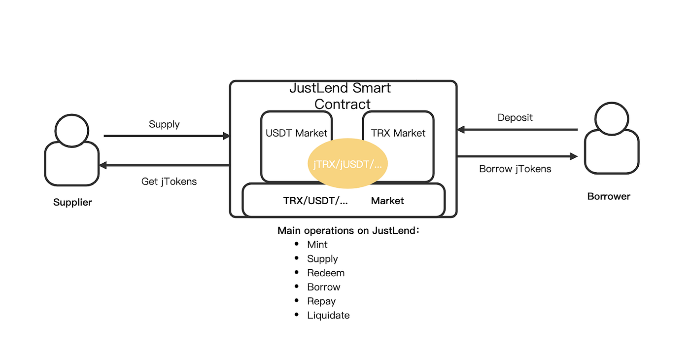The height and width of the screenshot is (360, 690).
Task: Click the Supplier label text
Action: tap(72, 202)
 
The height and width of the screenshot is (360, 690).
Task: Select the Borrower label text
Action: tap(609, 196)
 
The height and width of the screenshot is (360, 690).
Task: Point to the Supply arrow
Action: tap(167, 136)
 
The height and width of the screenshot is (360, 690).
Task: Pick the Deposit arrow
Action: tap(517, 130)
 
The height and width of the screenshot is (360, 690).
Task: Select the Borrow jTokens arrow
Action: tap(517, 156)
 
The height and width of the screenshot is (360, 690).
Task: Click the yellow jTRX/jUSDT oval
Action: tap(348, 164)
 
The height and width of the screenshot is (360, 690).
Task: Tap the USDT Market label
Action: tap(296, 133)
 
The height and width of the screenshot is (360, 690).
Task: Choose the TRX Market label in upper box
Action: tap(398, 133)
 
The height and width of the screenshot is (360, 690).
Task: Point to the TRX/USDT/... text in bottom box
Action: tap(315, 201)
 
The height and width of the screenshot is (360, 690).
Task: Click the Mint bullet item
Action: tap(317, 245)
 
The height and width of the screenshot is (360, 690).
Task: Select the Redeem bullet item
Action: tap(326, 273)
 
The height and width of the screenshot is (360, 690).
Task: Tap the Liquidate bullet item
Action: tap(328, 315)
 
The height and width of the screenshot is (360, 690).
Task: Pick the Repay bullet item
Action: tap(321, 301)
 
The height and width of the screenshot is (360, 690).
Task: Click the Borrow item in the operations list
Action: tap(324, 287)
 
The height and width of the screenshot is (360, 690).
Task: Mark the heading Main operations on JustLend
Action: tap(348, 230)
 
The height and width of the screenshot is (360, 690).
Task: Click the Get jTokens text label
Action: tap(169, 181)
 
